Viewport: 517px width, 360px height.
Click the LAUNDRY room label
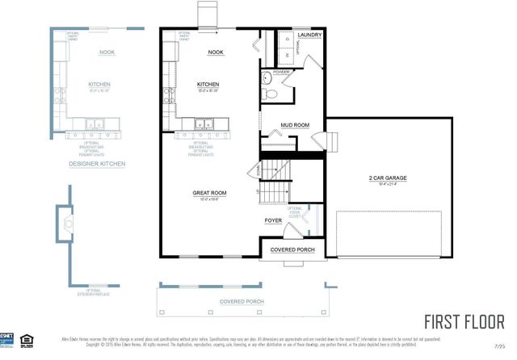[x=310, y=36]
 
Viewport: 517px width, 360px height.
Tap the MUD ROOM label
[x=295, y=125]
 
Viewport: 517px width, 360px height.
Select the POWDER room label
[x=280, y=72]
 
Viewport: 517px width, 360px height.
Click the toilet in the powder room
[x=271, y=94]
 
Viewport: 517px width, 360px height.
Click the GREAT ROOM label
[x=208, y=193]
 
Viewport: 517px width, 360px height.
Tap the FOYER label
[x=273, y=220]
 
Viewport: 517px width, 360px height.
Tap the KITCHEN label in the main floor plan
[x=208, y=84]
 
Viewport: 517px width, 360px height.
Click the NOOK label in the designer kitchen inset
[x=107, y=52]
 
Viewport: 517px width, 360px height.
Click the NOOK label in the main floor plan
[x=215, y=52]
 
